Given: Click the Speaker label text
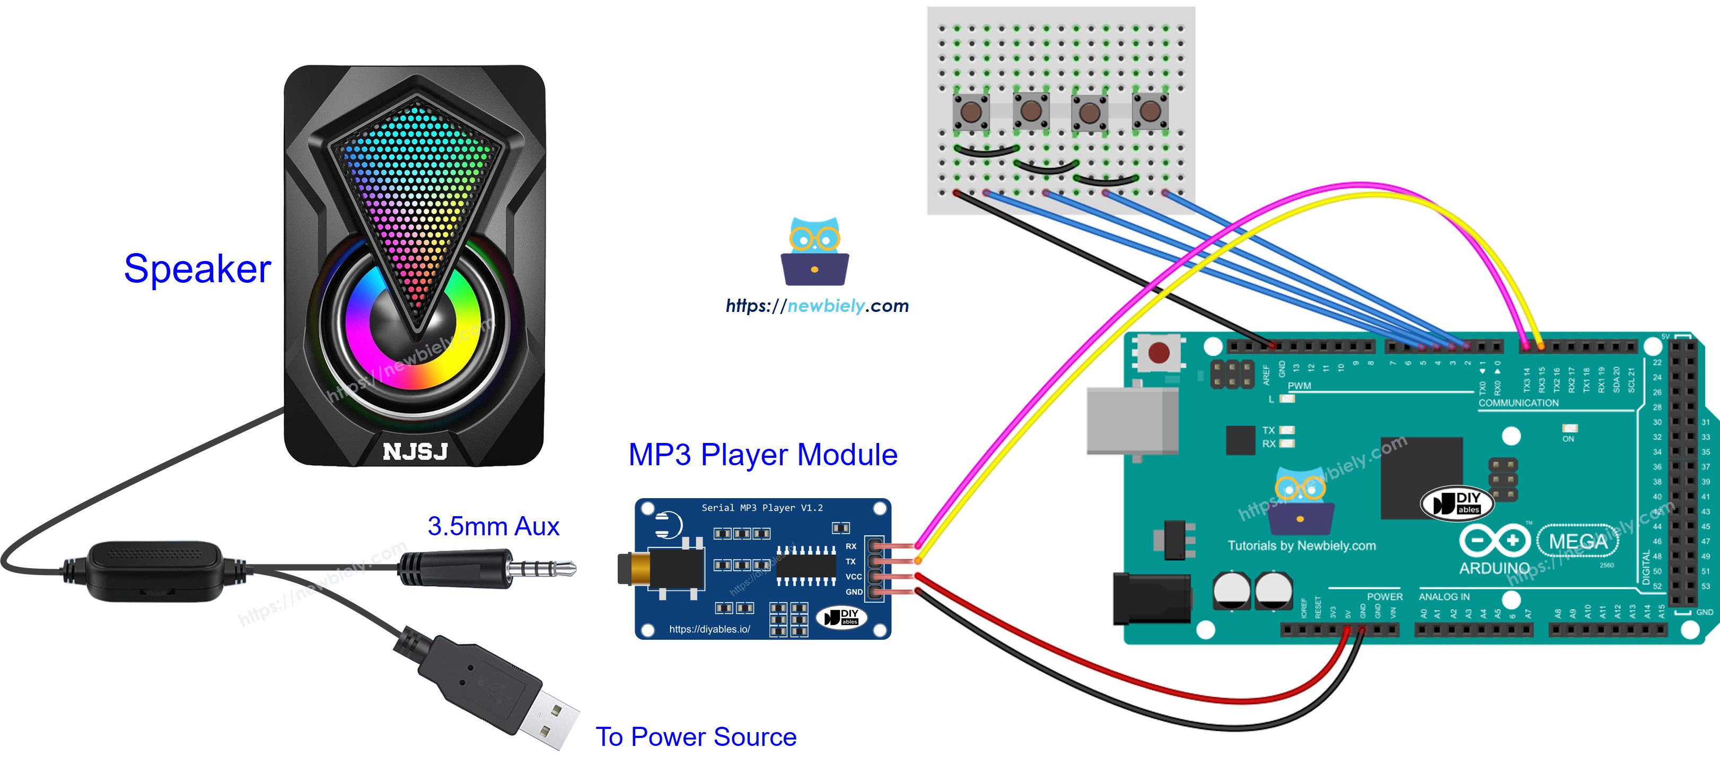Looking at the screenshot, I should point(198,269).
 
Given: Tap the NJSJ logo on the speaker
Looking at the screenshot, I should point(415,451).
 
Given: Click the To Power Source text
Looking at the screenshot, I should point(696,737).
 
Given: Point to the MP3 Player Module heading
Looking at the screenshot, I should point(762,455).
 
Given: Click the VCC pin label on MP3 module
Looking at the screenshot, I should point(853,576).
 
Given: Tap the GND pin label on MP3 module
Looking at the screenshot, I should point(853,592).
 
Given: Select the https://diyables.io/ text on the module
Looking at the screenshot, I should point(709,629).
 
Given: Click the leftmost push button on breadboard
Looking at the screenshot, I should point(970,111).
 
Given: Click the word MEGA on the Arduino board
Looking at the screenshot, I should point(1577,541).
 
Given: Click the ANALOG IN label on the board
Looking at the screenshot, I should point(1444,596).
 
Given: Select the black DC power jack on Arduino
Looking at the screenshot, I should point(1151,598).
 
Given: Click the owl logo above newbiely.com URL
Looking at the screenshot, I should point(814,252).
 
